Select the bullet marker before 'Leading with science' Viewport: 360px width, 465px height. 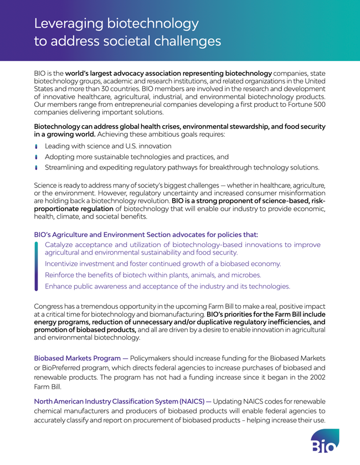point(37,146)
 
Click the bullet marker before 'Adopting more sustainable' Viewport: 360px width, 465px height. point(37,157)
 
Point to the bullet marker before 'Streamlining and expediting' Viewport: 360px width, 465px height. point(37,167)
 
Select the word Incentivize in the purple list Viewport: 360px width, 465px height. point(65,263)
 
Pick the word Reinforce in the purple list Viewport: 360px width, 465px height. point(63,275)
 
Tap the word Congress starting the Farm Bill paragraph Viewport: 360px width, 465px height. point(53,306)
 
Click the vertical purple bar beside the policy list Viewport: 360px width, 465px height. point(36,266)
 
